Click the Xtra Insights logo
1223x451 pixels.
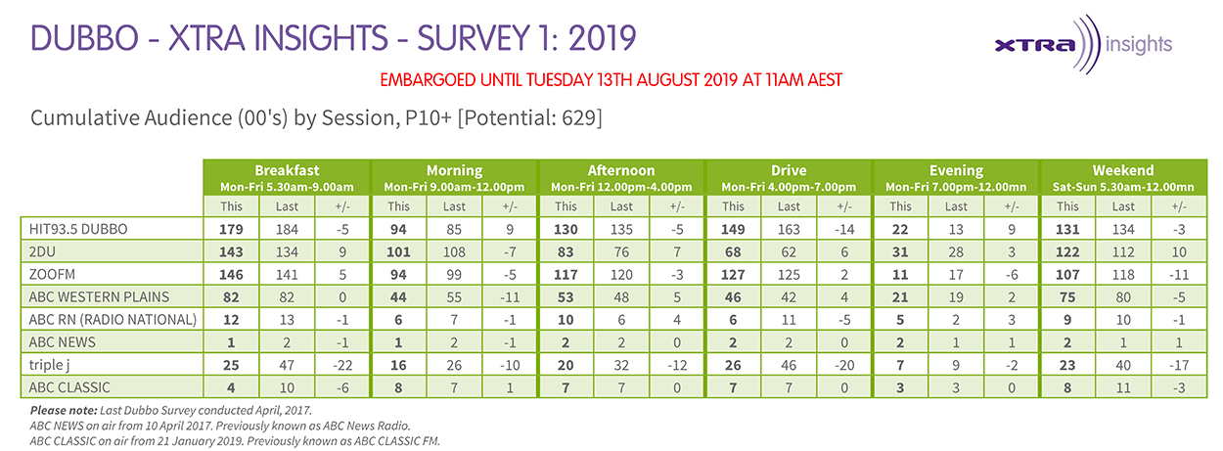1083,44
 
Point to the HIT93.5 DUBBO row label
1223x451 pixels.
78,229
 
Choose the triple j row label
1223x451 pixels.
49,365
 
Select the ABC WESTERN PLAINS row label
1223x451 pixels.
99,297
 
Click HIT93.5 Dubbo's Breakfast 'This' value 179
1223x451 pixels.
231,229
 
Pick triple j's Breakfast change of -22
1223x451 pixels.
342,365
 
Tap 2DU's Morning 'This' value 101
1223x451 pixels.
398,252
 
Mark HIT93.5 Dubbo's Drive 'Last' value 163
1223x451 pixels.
789,229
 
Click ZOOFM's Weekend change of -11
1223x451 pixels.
1179,275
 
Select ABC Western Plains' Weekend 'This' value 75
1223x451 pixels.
1067,297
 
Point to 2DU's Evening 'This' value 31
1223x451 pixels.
900,252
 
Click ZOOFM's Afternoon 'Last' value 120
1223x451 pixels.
621,275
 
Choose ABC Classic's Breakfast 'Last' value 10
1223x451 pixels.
287,388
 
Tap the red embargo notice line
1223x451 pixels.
611,80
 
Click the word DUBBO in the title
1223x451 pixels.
84,38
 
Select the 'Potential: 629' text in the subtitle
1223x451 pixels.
529,118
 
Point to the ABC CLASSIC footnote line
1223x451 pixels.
235,441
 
